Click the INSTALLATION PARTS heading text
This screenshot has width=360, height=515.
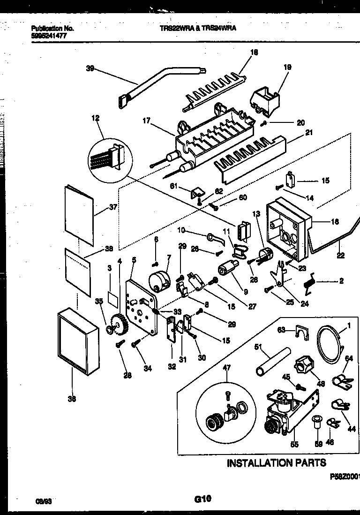(276, 463)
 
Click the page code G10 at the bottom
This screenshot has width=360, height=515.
(203, 500)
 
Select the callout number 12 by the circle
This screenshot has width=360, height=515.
(96, 119)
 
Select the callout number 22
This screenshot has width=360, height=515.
(340, 256)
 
